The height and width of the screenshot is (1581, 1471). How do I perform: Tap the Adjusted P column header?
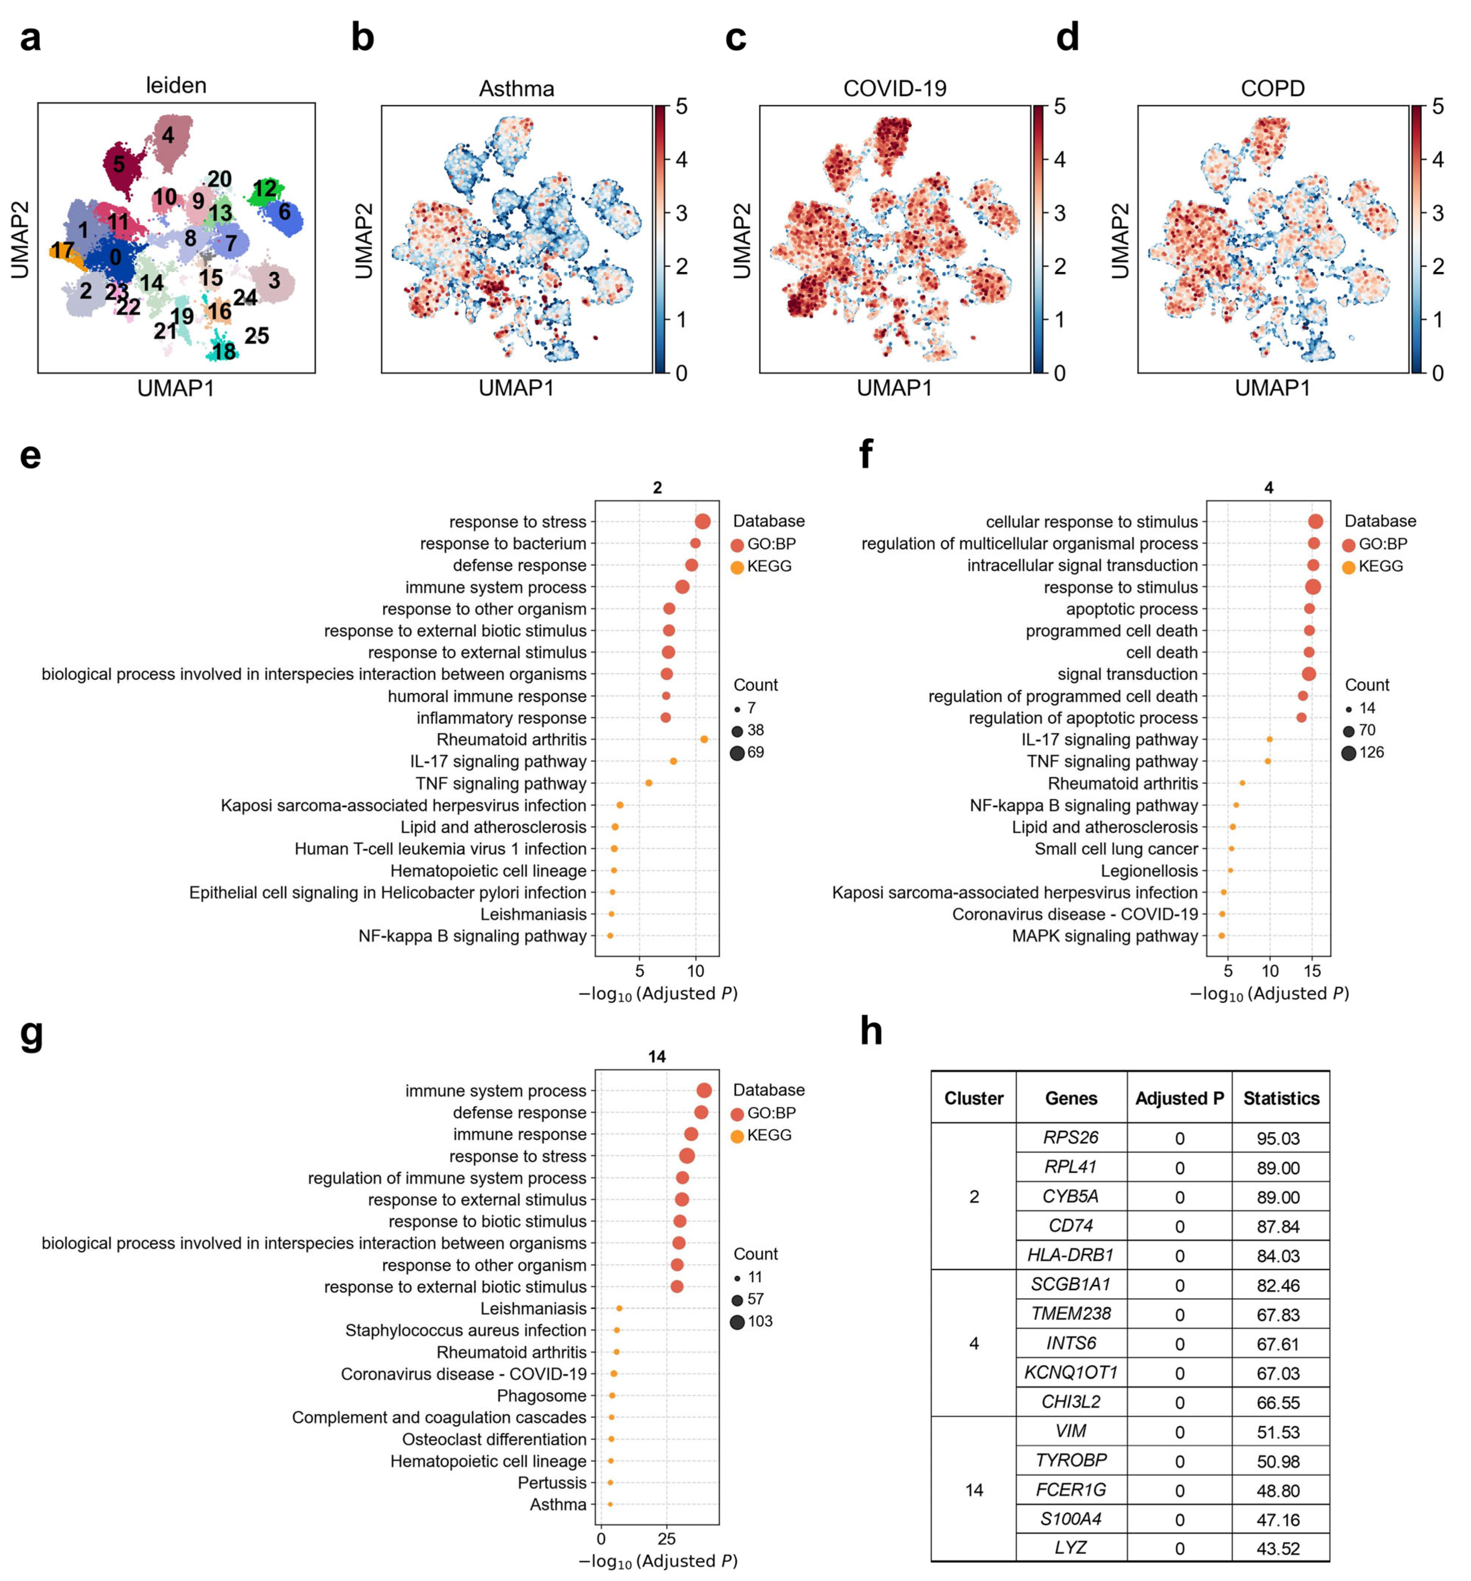pos(1178,1098)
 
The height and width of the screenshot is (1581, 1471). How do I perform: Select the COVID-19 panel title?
pos(894,88)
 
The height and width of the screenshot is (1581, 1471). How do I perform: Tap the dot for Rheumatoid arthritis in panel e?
pos(703,740)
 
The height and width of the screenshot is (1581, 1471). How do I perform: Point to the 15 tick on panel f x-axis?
pos(1312,971)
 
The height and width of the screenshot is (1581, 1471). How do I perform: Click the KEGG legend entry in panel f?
pos(1379,566)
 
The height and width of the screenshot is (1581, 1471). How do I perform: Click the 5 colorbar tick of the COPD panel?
pos(1437,107)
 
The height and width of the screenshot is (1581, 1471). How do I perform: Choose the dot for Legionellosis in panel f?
pos(1230,871)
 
